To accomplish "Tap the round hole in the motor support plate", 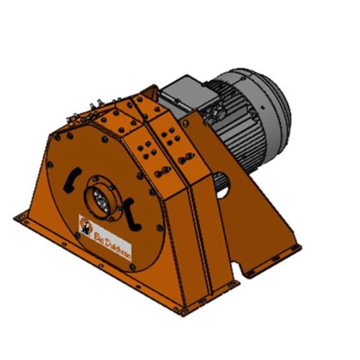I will [x=223, y=189].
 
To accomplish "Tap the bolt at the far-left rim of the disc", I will [x=49, y=165].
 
